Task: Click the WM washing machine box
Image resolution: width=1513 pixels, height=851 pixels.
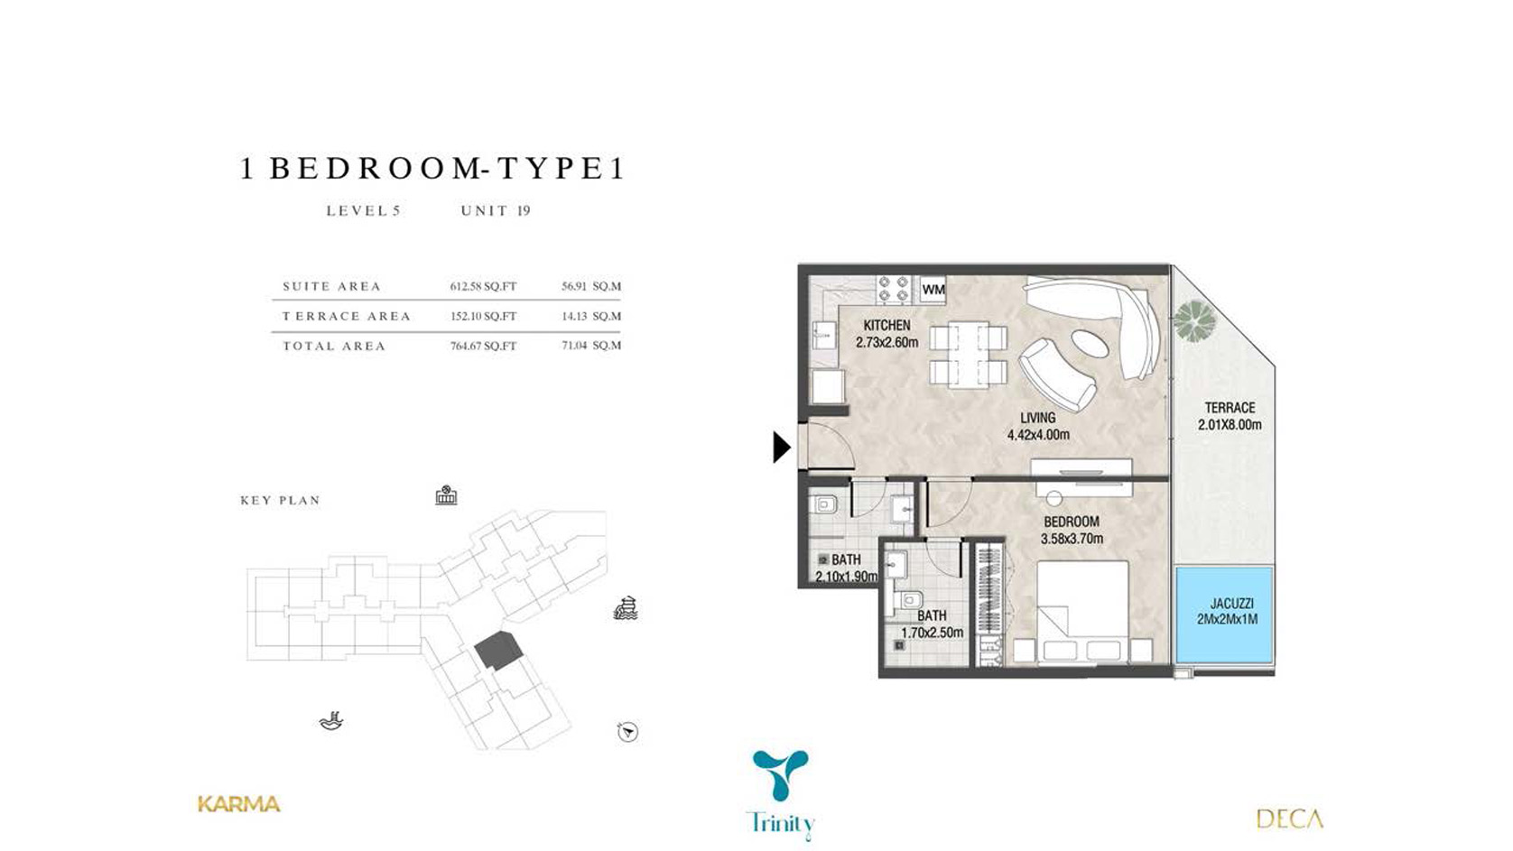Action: click(x=933, y=289)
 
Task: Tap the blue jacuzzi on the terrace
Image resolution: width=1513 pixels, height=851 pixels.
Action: click(x=1224, y=615)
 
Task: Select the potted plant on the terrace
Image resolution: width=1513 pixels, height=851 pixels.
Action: click(x=1194, y=320)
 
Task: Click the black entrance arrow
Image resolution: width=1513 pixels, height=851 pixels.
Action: click(x=782, y=447)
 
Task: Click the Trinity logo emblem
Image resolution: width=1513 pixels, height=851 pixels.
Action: click(x=780, y=774)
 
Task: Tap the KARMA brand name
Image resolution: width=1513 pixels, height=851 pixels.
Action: click(x=238, y=804)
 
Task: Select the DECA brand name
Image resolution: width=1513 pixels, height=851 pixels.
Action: click(x=1289, y=819)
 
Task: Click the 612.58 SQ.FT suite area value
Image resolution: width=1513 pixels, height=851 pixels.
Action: click(x=483, y=286)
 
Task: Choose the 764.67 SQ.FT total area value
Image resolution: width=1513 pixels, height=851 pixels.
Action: click(x=483, y=347)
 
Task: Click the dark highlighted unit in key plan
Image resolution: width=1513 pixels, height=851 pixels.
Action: click(x=498, y=651)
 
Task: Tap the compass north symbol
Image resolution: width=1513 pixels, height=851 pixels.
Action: click(x=627, y=732)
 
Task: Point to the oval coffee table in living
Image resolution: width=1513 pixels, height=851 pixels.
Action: click(x=1089, y=345)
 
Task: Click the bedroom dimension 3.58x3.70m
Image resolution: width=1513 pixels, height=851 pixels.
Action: click(x=1072, y=539)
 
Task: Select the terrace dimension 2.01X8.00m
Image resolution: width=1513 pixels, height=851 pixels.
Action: click(x=1230, y=425)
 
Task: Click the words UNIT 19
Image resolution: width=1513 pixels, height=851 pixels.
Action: click(x=496, y=211)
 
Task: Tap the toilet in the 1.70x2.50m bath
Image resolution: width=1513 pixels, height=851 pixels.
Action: click(x=907, y=601)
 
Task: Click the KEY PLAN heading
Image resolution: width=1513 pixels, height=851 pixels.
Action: click(x=281, y=501)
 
